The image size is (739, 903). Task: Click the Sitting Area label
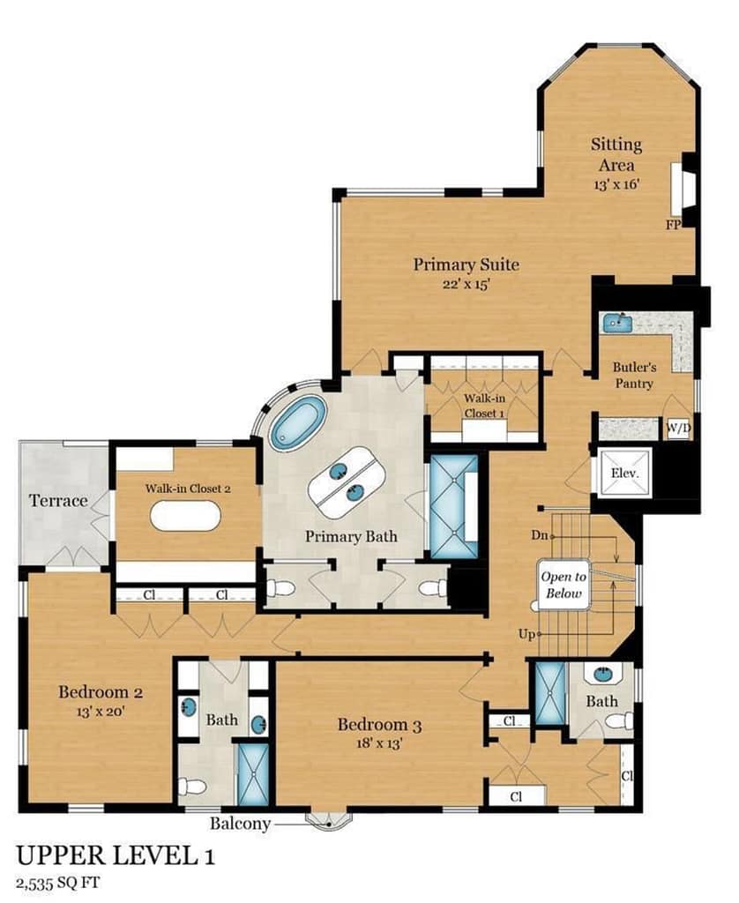click(616, 154)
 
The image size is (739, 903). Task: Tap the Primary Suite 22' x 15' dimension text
click(467, 284)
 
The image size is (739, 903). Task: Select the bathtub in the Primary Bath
click(298, 423)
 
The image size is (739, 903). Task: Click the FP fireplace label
click(674, 225)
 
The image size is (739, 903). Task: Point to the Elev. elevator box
click(625, 474)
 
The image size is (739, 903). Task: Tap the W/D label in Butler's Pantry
click(678, 429)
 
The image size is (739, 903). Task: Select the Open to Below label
click(564, 585)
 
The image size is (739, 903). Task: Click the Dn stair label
click(540, 535)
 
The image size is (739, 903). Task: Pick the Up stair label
click(526, 634)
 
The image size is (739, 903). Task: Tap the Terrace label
click(58, 501)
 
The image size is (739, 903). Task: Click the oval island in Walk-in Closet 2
click(185, 515)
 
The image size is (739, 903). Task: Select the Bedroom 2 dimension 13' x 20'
click(101, 712)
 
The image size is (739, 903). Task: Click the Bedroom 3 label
click(379, 725)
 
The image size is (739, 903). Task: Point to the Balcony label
click(240, 823)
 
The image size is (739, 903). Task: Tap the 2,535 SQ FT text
click(59, 883)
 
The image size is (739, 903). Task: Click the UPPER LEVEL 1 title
click(116, 855)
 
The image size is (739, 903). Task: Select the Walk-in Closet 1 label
click(484, 406)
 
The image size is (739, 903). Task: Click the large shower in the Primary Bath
click(454, 506)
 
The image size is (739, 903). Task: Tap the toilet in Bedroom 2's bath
click(192, 786)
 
